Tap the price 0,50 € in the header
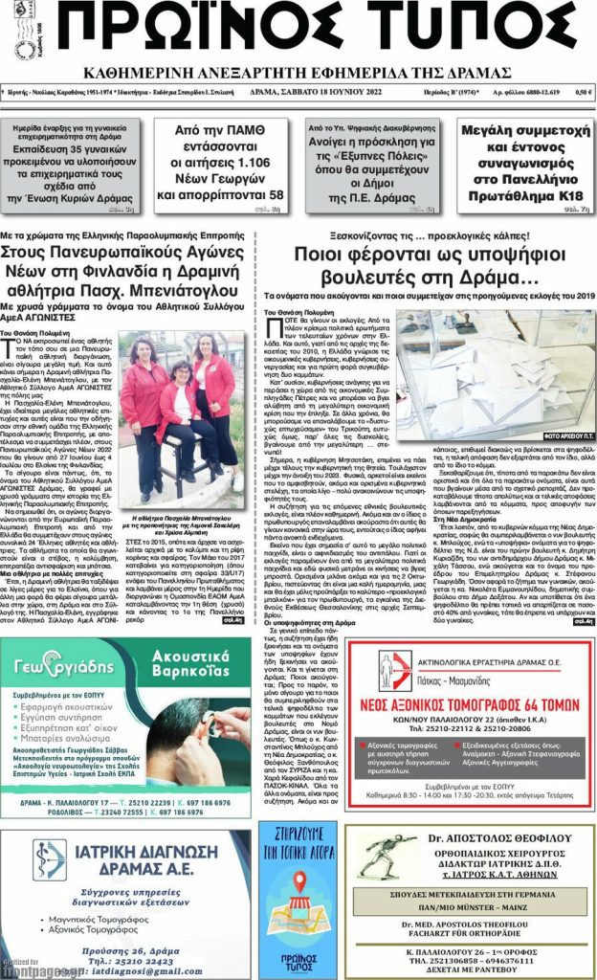click(583, 92)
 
